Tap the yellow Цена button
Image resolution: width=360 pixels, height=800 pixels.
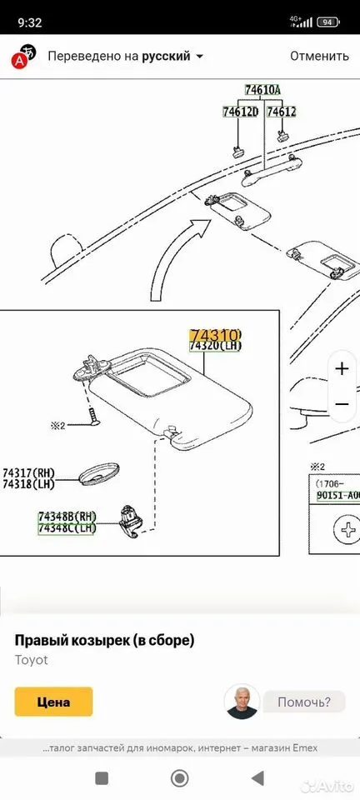(53, 702)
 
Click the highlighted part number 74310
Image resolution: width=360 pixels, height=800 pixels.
(215, 335)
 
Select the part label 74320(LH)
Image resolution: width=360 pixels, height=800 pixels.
(215, 346)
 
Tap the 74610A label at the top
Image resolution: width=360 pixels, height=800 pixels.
(262, 90)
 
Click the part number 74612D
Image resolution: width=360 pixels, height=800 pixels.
(241, 112)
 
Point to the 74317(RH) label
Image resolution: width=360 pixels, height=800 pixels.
(28, 473)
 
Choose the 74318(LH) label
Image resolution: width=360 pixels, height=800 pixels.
(28, 484)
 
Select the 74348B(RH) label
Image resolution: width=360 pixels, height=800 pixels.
(67, 517)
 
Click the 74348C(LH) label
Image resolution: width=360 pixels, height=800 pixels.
(67, 528)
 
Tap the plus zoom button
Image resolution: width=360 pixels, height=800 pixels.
(342, 368)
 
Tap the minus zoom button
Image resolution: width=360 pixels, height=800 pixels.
(342, 404)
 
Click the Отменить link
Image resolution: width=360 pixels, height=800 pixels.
(320, 56)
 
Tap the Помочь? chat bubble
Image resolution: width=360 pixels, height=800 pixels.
(304, 702)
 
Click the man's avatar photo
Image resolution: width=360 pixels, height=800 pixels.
(242, 702)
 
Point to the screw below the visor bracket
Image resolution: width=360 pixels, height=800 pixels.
(92, 415)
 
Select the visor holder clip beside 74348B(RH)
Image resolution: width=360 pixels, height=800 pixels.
(130, 521)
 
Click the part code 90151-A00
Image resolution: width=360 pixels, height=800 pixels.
(337, 496)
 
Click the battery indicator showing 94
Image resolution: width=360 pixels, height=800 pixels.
(327, 22)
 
